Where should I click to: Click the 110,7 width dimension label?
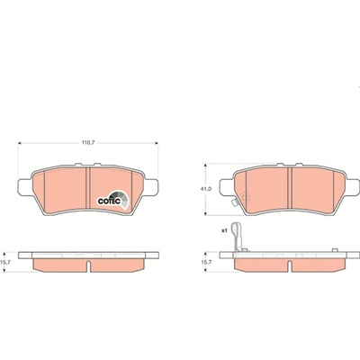pos(88,143)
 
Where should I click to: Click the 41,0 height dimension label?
pos(205,189)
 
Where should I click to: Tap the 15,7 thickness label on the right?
pos(204,262)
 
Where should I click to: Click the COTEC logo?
pos(112,199)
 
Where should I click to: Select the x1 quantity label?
pos(223,230)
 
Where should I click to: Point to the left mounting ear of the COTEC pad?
pos(25,186)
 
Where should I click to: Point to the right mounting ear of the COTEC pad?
pos(151,186)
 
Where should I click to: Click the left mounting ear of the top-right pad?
pos(227,186)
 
